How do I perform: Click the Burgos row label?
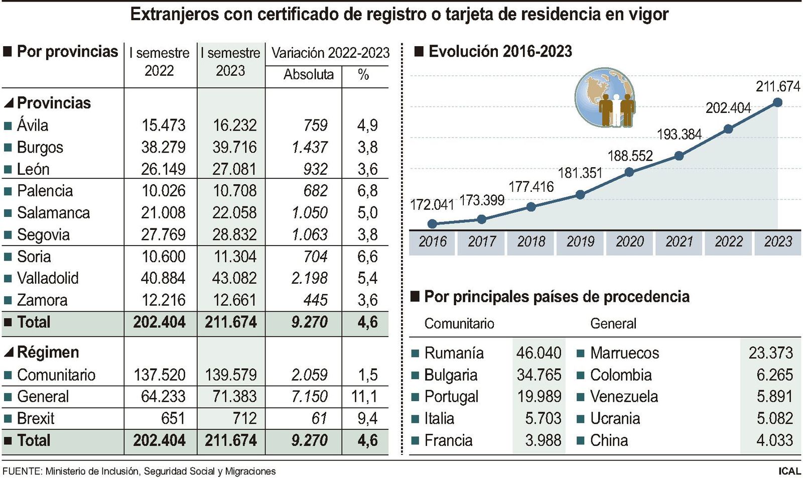tap(40, 147)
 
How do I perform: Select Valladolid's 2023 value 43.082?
tap(234, 278)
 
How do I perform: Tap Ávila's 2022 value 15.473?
tap(163, 125)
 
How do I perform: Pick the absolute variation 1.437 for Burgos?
tap(309, 147)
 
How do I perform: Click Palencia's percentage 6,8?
tap(367, 191)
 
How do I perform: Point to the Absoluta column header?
tap(308, 74)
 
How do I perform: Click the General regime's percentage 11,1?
tap(364, 397)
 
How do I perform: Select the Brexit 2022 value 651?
tap(173, 418)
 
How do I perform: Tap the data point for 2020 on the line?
tap(629, 172)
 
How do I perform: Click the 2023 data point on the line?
tap(777, 102)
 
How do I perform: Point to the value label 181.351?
tap(580, 173)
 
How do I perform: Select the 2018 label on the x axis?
tap(531, 242)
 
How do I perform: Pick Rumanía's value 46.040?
tap(539, 353)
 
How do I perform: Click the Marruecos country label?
tap(624, 353)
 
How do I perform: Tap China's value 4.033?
tap(774, 440)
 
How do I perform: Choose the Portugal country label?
tap(451, 397)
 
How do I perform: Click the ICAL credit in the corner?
tap(789, 471)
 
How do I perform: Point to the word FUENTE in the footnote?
tap(22, 471)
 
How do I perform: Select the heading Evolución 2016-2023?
tap(500, 52)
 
